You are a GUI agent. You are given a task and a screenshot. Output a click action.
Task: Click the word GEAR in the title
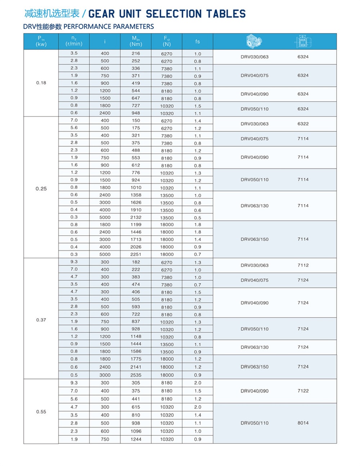pyautogui.click(x=102, y=14)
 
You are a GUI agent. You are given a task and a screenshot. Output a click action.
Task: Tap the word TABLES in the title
pyautogui.click(x=226, y=14)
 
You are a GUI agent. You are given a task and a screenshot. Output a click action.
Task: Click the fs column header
pyautogui.click(x=198, y=41)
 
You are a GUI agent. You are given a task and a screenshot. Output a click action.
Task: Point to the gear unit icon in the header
pyautogui.click(x=254, y=41)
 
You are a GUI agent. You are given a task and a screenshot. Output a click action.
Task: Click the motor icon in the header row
pyautogui.click(x=303, y=41)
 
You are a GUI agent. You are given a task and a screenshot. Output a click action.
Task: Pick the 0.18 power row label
pyautogui.click(x=41, y=83)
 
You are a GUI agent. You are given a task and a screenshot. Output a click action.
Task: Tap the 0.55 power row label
pyautogui.click(x=41, y=412)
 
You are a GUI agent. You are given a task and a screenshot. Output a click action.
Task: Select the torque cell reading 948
pyautogui.click(x=136, y=113)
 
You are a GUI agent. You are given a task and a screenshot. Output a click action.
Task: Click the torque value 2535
pyautogui.click(x=136, y=375)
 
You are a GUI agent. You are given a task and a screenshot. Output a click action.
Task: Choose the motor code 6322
pyautogui.click(x=303, y=124)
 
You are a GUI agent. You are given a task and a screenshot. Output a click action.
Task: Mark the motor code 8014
pyautogui.click(x=303, y=423)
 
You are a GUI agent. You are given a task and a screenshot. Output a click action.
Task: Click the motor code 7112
pyautogui.click(x=303, y=265)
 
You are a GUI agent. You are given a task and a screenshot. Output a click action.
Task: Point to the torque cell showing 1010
pyautogui.click(x=136, y=187)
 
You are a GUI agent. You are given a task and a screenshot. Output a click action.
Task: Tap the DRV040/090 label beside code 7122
pyautogui.click(x=255, y=391)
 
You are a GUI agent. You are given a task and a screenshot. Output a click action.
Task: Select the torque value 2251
pyautogui.click(x=136, y=254)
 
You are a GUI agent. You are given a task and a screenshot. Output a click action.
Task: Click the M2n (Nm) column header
pyautogui.click(x=136, y=41)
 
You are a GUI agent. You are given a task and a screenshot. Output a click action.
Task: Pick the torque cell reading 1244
pyautogui.click(x=136, y=439)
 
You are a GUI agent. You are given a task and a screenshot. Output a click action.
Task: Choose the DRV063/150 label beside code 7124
pyautogui.click(x=255, y=367)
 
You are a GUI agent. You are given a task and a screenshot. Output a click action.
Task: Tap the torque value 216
pyautogui.click(x=136, y=53)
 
